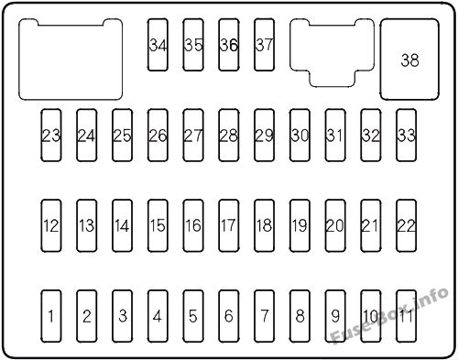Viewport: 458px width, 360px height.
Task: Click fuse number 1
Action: click(51, 317)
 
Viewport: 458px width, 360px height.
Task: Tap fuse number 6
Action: click(229, 317)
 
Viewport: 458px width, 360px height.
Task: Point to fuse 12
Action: click(51, 225)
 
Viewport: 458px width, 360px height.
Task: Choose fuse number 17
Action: click(229, 225)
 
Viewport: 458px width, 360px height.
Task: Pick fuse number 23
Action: click(51, 136)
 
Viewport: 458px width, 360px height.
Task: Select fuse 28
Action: click(229, 136)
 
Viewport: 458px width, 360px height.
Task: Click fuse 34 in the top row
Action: click(158, 44)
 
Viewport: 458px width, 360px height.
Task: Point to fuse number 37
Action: click(265, 44)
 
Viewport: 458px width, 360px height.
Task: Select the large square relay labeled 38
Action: click(409, 60)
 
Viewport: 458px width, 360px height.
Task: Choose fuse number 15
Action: click(158, 225)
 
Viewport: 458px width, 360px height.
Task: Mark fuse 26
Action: click(158, 136)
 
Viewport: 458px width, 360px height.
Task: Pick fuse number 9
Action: click(335, 317)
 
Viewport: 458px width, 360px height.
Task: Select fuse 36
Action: click(229, 44)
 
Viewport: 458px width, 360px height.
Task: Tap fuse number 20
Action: click(335, 225)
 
